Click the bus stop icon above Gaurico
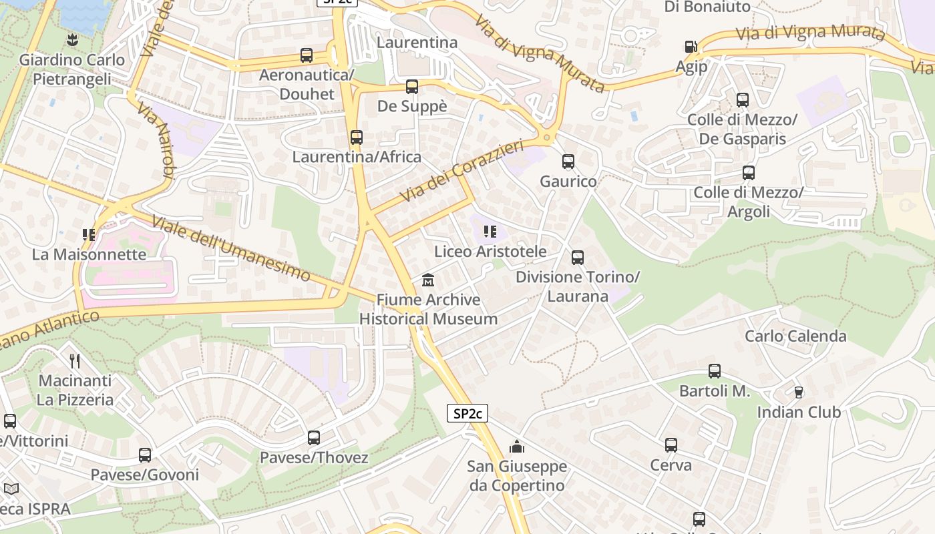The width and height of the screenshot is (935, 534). tap(568, 162)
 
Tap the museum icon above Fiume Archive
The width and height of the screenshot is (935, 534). tap(428, 280)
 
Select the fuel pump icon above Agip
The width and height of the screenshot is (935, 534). tap(691, 47)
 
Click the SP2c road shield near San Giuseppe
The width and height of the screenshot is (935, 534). tap(467, 413)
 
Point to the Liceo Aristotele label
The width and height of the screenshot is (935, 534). tap(490, 252)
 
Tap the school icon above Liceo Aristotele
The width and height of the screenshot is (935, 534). tap(490, 232)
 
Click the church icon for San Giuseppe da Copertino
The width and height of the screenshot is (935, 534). tap(517, 446)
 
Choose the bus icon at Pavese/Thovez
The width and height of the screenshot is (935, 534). tap(314, 438)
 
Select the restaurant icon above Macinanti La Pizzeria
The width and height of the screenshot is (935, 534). tap(75, 361)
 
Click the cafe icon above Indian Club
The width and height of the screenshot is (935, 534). tap(798, 392)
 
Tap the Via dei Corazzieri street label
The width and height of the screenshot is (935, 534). tap(461, 171)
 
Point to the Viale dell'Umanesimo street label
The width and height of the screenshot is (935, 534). tap(231, 248)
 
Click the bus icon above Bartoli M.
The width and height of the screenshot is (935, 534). tap(715, 371)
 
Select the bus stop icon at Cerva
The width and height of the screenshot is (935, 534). tap(671, 445)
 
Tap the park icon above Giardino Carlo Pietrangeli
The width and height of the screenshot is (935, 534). tap(72, 40)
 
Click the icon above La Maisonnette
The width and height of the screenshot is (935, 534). tap(89, 235)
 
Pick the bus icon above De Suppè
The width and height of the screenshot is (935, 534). tap(412, 87)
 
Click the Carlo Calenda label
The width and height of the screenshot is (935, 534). tap(795, 336)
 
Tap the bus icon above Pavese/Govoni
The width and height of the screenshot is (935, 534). tap(145, 455)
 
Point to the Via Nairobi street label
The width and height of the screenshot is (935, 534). tap(156, 142)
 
